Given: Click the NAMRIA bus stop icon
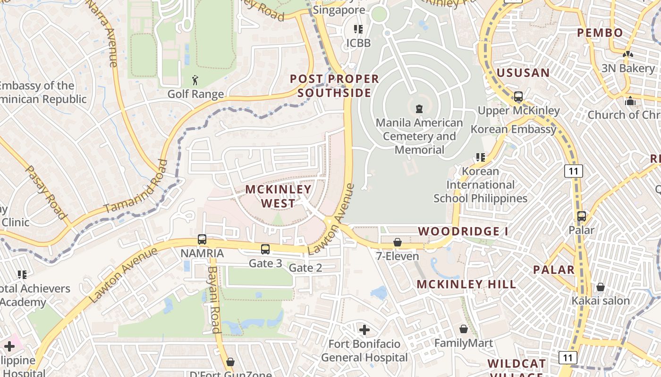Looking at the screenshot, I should click(202, 239).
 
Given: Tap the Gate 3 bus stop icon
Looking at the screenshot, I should click(265, 249).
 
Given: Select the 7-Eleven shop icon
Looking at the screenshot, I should click(398, 242).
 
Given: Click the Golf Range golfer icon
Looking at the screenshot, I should click(195, 80).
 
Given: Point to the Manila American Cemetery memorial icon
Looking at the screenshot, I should click(419, 109).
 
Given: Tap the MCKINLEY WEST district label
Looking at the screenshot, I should click(278, 196).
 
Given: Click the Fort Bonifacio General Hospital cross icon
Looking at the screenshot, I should click(364, 329).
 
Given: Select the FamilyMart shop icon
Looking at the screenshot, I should click(464, 329).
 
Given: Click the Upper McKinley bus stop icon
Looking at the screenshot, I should click(518, 97).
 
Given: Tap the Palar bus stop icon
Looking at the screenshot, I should click(582, 216).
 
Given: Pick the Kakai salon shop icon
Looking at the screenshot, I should click(601, 287).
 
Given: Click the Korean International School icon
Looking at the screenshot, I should click(481, 157).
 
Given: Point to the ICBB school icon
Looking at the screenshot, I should click(358, 29).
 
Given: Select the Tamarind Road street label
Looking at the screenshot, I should click(136, 187).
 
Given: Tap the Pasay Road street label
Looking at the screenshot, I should click(45, 192).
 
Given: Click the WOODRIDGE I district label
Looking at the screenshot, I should click(463, 231).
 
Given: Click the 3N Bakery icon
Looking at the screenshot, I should click(627, 55).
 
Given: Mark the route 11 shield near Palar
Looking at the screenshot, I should click(573, 171).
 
